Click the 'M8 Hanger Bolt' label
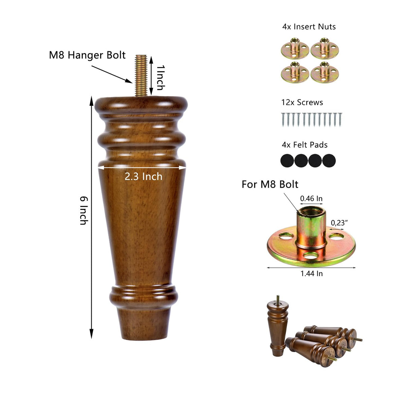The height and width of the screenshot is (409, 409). tap(87, 55)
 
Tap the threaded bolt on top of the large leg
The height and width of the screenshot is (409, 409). tap(141, 75)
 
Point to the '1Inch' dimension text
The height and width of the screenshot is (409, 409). tap(161, 78)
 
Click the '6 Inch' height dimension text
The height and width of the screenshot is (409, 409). tap(84, 210)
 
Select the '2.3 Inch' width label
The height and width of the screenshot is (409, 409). tap(144, 177)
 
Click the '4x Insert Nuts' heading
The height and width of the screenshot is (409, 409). tap(309, 27)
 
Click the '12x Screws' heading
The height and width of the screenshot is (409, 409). tap(302, 102)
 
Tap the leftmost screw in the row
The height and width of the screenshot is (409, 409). tap(283, 120)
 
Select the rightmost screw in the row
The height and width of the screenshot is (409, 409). tap(340, 120)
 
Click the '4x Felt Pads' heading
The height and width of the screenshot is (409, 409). tap(305, 145)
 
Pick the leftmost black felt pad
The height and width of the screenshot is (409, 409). tap(287, 161)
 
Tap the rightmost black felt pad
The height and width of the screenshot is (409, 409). tap(329, 161)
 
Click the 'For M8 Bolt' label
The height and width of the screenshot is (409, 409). tap(270, 184)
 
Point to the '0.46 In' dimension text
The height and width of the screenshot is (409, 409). tap(311, 198)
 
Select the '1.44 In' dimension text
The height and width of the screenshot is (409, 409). tap(312, 274)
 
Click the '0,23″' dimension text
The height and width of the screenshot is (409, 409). tap(339, 223)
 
